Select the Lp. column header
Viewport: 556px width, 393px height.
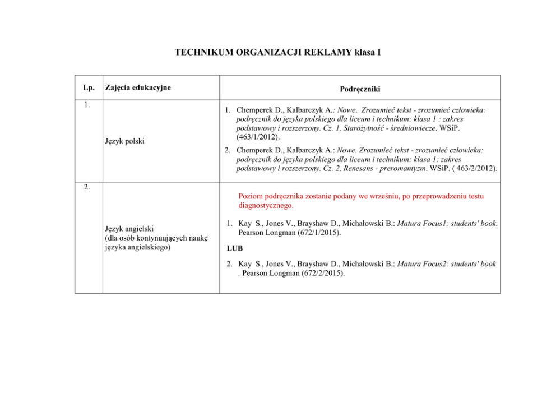point(88,87)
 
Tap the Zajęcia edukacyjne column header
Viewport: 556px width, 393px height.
point(138,87)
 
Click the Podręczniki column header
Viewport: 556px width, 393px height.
point(359,89)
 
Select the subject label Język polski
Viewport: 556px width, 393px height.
point(124,141)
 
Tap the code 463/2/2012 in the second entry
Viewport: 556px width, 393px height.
point(474,168)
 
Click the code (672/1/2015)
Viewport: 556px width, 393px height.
point(323,232)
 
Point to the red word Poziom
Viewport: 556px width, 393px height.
point(251,197)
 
